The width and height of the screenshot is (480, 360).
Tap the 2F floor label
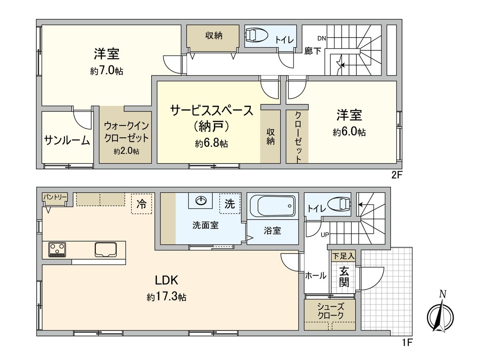(x=396, y=174)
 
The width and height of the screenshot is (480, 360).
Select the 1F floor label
(x=407, y=342)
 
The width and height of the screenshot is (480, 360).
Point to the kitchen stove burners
(x=57, y=250)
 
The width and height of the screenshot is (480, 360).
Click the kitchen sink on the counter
(x=106, y=250)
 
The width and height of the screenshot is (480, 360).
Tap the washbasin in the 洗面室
(x=201, y=200)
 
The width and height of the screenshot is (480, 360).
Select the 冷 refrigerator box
(x=142, y=204)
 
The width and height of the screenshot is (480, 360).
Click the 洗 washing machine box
(x=230, y=204)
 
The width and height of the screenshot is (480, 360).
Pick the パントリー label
(x=55, y=197)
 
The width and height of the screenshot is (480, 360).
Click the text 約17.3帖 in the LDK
(x=166, y=297)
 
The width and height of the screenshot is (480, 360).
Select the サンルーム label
(x=67, y=140)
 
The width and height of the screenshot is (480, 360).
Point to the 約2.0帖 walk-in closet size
(x=126, y=152)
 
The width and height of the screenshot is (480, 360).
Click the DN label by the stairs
(x=322, y=38)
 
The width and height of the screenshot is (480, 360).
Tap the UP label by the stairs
(x=324, y=235)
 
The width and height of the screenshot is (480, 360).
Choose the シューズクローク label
(x=330, y=311)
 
